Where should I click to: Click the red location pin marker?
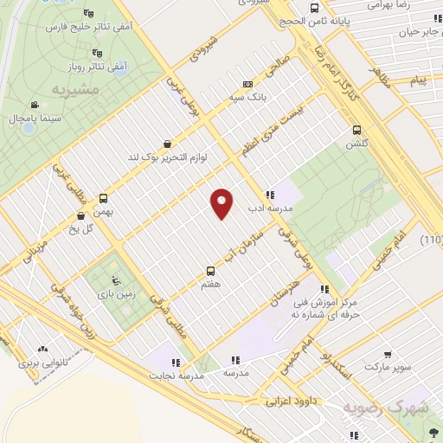pyautogui.click(x=222, y=203)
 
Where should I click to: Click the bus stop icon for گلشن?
pyautogui.click(x=356, y=131)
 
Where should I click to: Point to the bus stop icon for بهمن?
pyautogui.click(x=104, y=197)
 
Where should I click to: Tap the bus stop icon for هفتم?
pyautogui.click(x=210, y=270)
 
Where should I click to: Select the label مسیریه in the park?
pyautogui.click(x=97, y=89)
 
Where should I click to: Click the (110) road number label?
pyautogui.click(x=432, y=240)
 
